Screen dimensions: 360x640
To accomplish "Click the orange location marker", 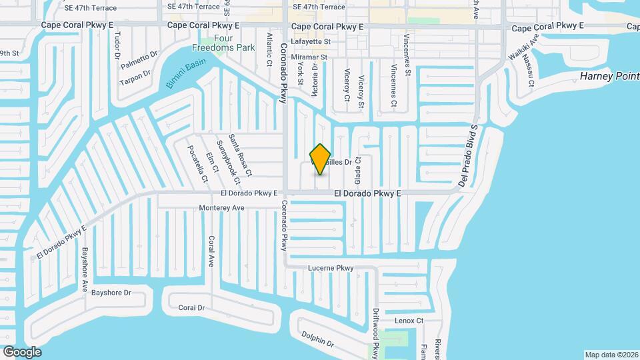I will coord(321,159).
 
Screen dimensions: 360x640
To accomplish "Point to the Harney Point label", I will coord(609,77).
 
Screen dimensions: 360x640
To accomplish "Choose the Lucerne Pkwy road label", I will coord(330,268).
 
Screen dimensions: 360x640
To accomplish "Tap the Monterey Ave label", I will coord(222,208).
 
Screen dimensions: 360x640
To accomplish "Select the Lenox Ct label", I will coord(409,321).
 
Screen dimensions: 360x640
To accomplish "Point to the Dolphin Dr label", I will coord(317,341).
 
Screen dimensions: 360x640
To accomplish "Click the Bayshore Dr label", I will coord(111,293).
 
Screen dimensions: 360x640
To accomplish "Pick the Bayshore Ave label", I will coord(85,270).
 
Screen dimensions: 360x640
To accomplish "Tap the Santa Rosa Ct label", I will coord(240,155).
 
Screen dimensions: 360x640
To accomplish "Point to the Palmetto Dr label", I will coord(139,61).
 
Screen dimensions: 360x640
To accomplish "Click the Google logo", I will coord(22,351).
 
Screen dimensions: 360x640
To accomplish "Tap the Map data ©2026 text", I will coord(611,355).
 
